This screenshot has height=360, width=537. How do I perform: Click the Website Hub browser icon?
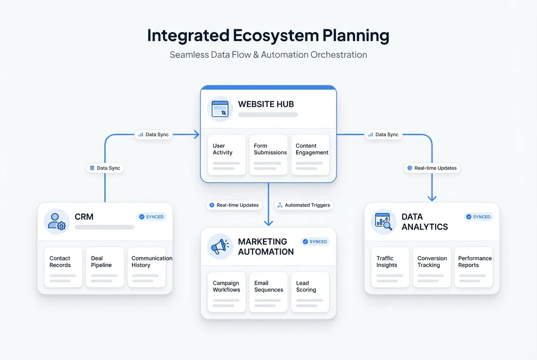click(220, 109)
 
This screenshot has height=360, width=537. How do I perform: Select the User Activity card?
click(226, 155)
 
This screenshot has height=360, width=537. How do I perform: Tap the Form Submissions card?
click(268, 155)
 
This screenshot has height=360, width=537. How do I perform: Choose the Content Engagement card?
click(310, 155)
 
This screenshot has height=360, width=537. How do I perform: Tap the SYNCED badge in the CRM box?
click(151, 217)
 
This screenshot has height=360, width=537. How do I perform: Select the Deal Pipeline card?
click(105, 267)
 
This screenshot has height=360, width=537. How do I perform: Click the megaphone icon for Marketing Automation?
click(220, 246)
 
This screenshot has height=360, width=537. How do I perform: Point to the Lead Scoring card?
click(310, 292)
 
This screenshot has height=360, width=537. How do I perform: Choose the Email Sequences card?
click(268, 292)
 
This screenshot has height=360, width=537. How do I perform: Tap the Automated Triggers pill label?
click(304, 205)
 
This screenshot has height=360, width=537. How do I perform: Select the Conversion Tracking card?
click(432, 267)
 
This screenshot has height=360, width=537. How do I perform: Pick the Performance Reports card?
click(474, 267)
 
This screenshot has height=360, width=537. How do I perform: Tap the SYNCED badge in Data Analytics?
click(478, 217)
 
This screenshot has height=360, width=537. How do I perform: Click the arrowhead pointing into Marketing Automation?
click(268, 222)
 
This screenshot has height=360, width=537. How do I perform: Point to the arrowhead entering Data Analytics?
click(432, 197)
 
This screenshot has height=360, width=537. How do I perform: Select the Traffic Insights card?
click(390, 267)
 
